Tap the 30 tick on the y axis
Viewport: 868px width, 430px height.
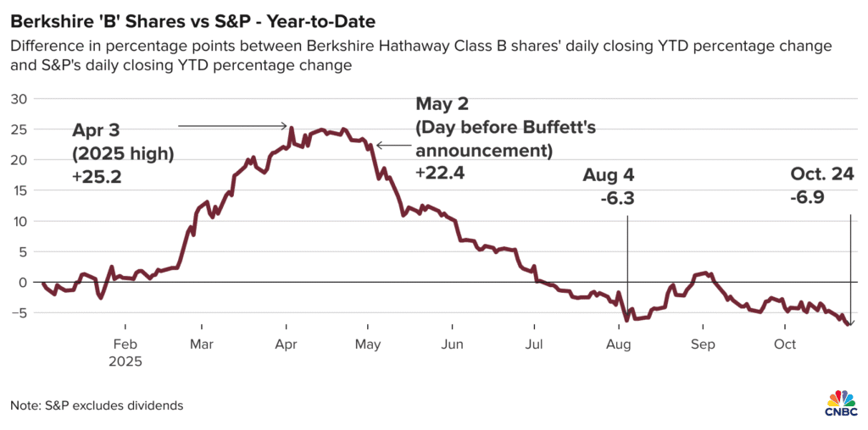click(19, 98)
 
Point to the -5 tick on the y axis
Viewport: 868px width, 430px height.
click(19, 312)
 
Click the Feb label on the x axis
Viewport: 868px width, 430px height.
click(125, 345)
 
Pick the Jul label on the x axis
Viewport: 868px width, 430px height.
click(535, 345)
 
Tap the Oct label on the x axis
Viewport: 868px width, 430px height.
click(785, 345)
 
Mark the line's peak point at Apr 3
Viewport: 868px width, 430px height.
click(292, 129)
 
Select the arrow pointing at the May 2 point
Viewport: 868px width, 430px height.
click(392, 146)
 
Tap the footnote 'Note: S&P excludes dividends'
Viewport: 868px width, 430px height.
click(97, 405)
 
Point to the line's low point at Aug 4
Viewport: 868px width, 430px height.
click(626, 321)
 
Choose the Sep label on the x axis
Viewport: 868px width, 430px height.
click(703, 345)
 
